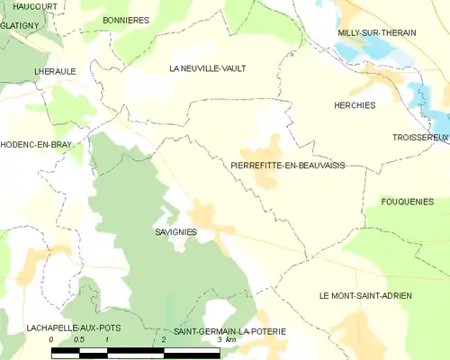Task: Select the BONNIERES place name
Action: [x=126, y=20]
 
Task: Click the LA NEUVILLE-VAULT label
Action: [x=208, y=68]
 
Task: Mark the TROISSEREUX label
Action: [x=420, y=137]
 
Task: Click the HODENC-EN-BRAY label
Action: [x=36, y=144]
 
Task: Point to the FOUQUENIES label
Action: [x=408, y=202]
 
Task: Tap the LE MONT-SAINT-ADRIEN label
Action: [x=365, y=296]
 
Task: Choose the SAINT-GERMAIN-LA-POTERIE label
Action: [x=229, y=331]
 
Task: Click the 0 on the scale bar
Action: [x=52, y=340]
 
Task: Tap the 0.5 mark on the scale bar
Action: [x=79, y=340]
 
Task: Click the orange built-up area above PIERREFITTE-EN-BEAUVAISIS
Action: [x=265, y=148]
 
